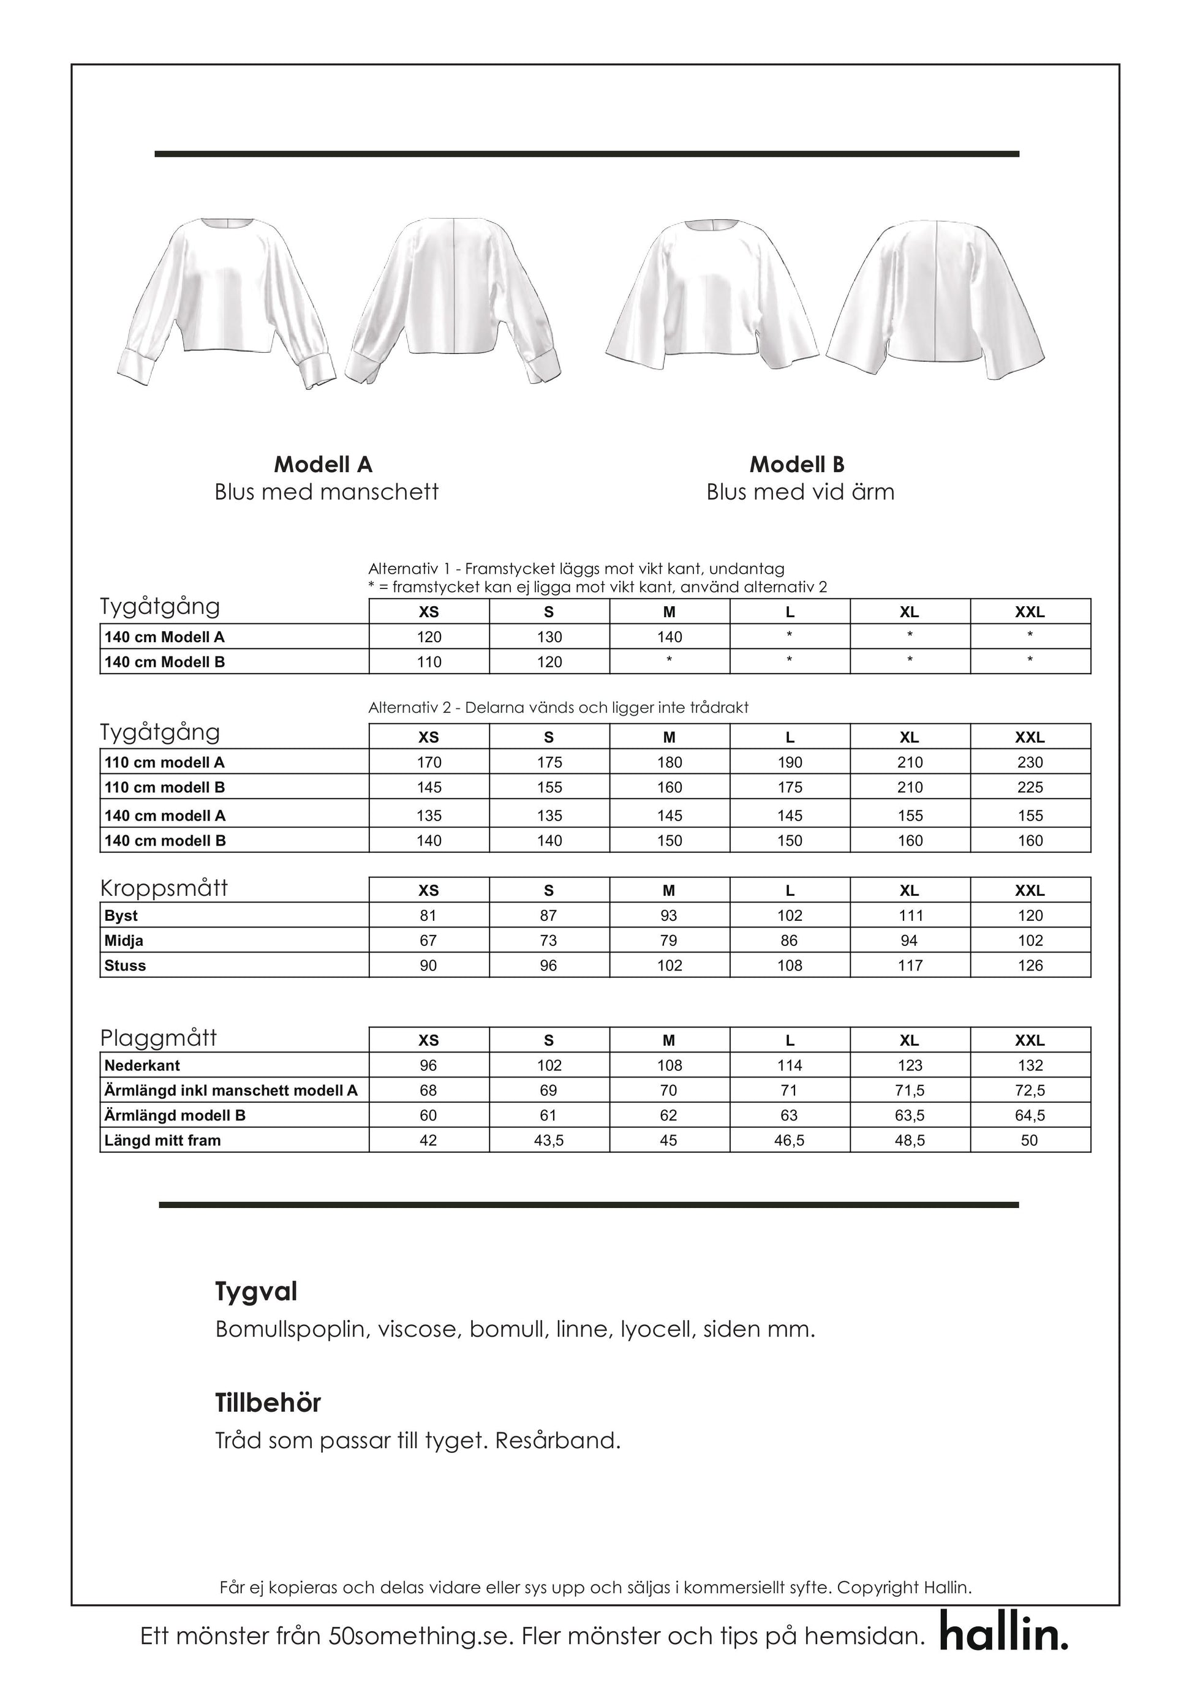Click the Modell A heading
323,465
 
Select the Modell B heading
796,465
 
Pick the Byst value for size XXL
1030,915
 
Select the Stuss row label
125,966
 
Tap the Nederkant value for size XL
910,1065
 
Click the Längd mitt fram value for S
548,1141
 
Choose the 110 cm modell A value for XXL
1030,762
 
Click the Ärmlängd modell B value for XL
910,1116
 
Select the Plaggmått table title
159,1038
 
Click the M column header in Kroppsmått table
669,891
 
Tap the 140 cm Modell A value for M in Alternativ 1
670,637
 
